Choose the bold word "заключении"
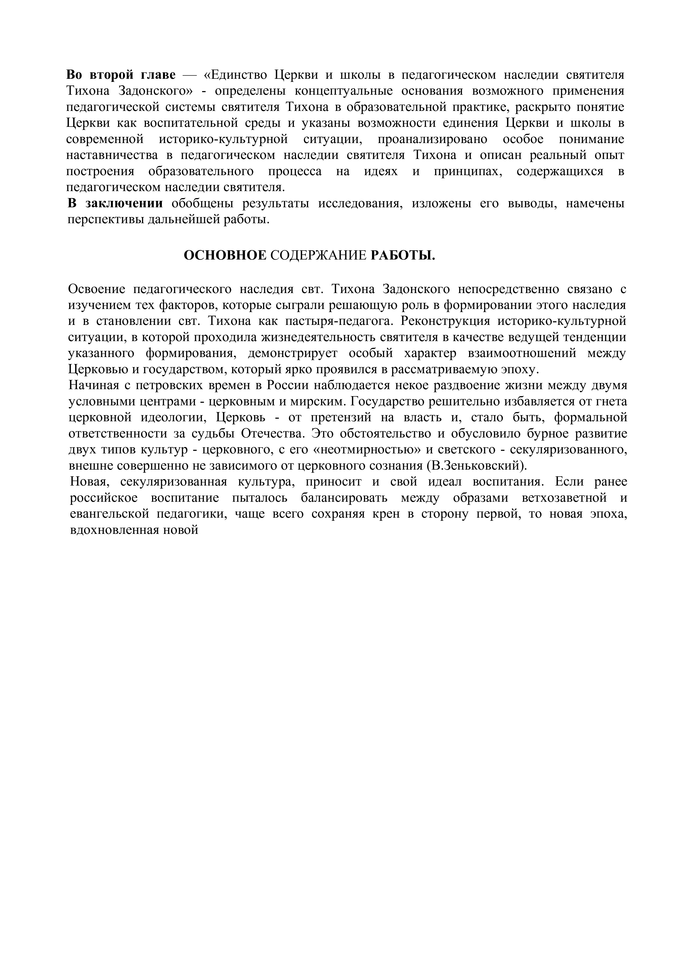coord(124,204)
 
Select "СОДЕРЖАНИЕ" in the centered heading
coord(318,256)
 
